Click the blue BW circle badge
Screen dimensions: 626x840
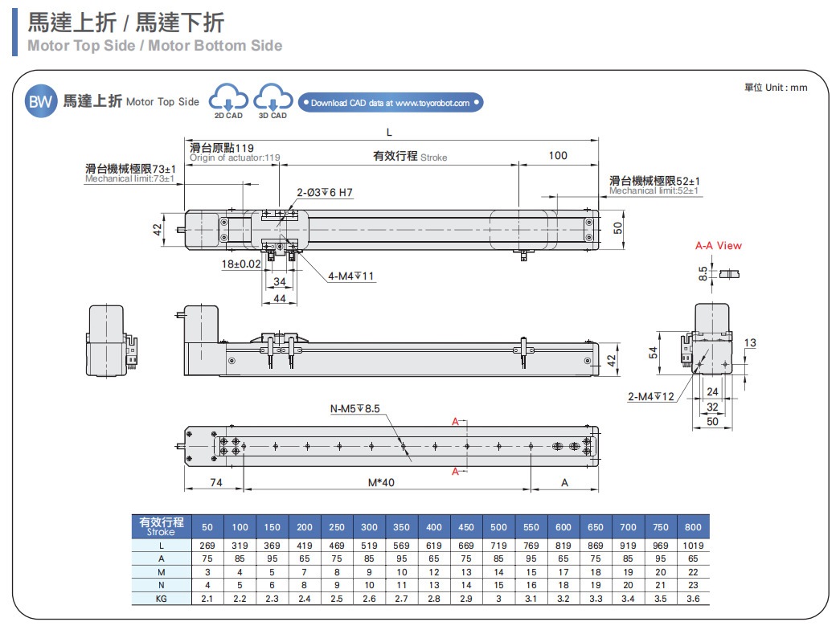coord(40,101)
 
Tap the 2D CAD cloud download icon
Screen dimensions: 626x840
coord(228,100)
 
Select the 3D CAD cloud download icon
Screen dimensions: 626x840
coord(272,100)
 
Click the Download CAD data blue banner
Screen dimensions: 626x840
coord(390,103)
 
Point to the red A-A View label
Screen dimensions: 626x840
coord(718,246)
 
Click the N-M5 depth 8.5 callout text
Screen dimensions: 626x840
coord(354,408)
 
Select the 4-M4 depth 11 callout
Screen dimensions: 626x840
coord(351,276)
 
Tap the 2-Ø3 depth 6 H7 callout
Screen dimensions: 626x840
coord(325,193)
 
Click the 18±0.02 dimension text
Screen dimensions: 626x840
coord(241,264)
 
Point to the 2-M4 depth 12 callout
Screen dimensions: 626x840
coord(651,396)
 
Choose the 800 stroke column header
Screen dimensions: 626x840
coord(693,527)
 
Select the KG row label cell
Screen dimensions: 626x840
coord(161,599)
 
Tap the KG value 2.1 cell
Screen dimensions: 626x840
coord(207,599)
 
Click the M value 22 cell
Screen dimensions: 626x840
coord(693,572)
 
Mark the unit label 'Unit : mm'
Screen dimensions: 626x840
coord(776,87)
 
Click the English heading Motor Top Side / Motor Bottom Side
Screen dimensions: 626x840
coord(155,46)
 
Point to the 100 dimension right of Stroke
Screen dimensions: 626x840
coord(558,156)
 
